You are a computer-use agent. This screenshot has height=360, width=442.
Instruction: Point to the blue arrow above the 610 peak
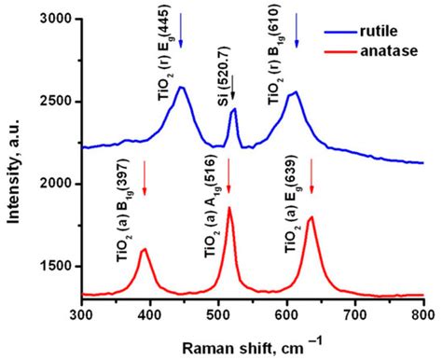pos(297,35)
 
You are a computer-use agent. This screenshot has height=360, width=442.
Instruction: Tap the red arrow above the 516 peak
pos(228,177)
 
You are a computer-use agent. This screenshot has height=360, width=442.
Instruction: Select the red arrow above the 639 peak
pos(311,177)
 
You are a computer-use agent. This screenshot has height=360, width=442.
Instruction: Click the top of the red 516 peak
pos(228,208)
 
